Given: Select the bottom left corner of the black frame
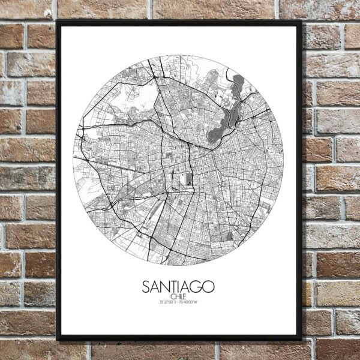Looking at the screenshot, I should (x=58, y=340).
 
